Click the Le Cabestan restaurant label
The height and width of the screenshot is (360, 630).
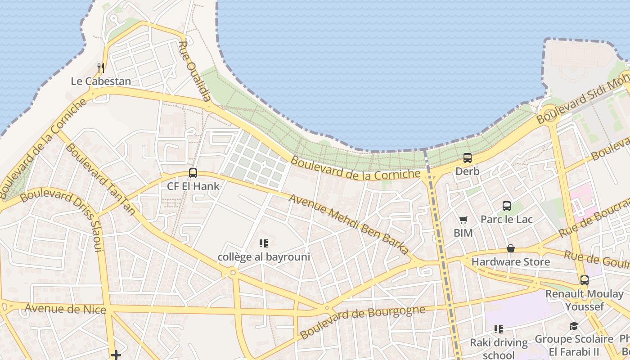pyautogui.click(x=101, y=81)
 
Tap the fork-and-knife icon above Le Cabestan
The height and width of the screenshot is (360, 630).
pyautogui.click(x=101, y=68)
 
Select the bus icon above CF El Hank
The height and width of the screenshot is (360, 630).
pyautogui.click(x=193, y=173)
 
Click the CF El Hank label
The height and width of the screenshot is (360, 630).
pyautogui.click(x=193, y=186)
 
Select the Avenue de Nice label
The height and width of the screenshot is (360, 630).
pyautogui.click(x=65, y=309)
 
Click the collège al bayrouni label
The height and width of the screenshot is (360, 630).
pyautogui.click(x=264, y=257)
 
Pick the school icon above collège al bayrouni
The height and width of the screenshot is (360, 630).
pyautogui.click(x=264, y=244)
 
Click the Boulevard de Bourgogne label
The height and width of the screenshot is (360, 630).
pyautogui.click(x=362, y=322)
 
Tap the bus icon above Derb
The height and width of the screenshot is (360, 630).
pyautogui.click(x=468, y=158)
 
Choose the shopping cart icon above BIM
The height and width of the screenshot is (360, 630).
pyautogui.click(x=463, y=220)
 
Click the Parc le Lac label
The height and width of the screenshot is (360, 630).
pyautogui.click(x=506, y=219)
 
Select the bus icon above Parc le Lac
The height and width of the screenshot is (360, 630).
pyautogui.click(x=507, y=206)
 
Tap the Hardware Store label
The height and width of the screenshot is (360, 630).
pyautogui.click(x=510, y=261)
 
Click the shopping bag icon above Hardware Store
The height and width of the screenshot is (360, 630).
pyautogui.click(x=511, y=248)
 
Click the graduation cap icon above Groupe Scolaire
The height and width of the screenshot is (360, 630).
pyautogui.click(x=574, y=326)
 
